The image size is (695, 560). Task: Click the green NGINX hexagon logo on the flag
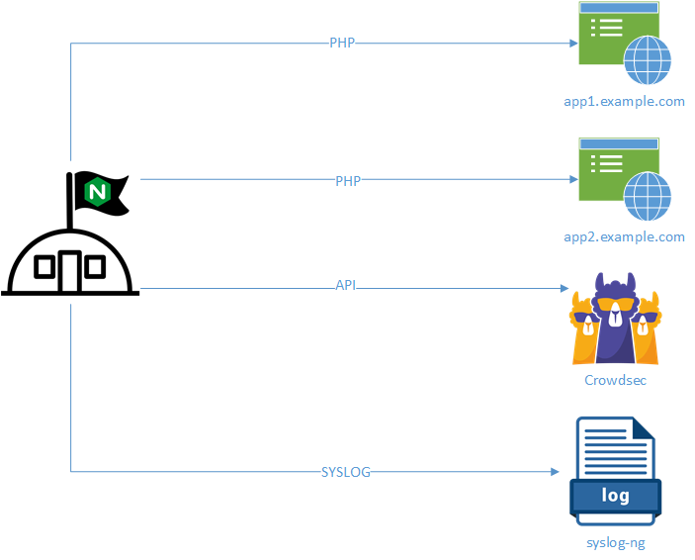click(x=98, y=192)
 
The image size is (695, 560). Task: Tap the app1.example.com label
click(x=624, y=102)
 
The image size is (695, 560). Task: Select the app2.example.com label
click(x=624, y=237)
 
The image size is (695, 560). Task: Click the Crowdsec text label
click(x=615, y=380)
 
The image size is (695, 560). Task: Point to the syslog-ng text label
click(x=615, y=542)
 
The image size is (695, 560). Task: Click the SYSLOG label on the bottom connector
click(x=346, y=472)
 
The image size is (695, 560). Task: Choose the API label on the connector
click(x=346, y=286)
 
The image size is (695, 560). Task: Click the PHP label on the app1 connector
click(x=342, y=44)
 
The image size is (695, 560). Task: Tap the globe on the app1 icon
click(x=647, y=60)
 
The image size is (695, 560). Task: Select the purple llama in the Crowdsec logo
click(x=615, y=318)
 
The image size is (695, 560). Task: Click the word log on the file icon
click(x=615, y=495)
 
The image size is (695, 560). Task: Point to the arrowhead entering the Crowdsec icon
click(x=565, y=289)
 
